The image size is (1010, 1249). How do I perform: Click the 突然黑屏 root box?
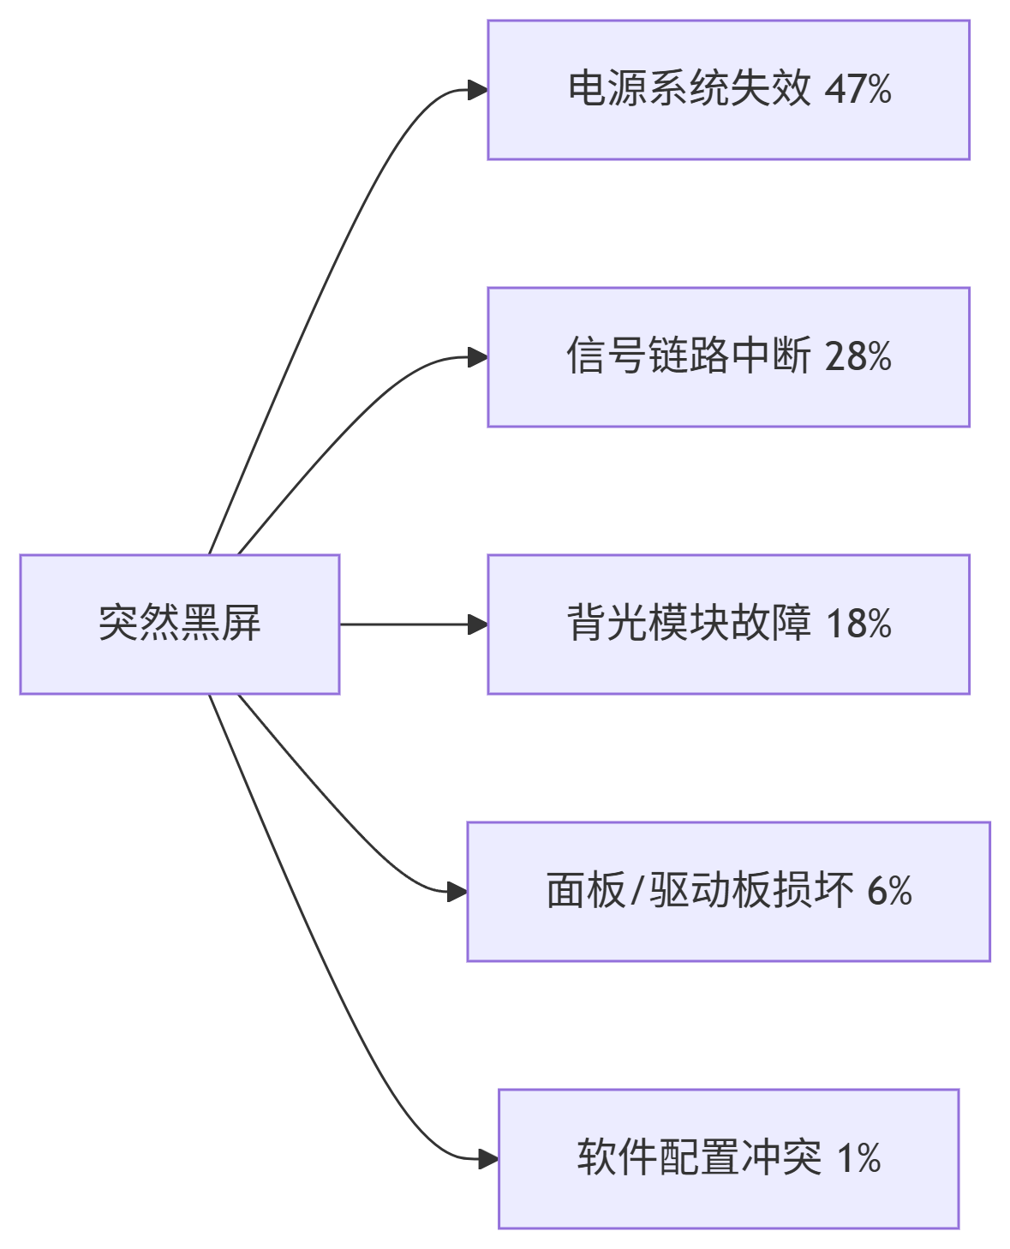pos(180,624)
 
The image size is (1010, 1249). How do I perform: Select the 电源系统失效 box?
pos(728,90)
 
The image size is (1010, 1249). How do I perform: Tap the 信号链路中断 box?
pos(728,356)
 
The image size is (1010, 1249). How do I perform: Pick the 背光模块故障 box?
pos(728,624)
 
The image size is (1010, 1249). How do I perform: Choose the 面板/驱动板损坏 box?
pos(728,891)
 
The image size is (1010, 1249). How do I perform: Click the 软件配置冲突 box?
pos(728,1158)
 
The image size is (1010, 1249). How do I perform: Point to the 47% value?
pos(858,90)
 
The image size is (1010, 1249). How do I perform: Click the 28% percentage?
pos(858,356)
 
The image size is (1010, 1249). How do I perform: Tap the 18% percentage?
pos(858,624)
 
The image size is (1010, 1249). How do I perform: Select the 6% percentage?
pos(889,891)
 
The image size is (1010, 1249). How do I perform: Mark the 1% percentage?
pos(858,1158)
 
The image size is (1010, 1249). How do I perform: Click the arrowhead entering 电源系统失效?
pos(478,90)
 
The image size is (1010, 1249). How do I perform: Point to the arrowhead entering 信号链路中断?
pos(478,357)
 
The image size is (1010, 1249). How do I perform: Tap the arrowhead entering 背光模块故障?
pos(478,624)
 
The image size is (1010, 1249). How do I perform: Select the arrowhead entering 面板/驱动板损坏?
pos(457,892)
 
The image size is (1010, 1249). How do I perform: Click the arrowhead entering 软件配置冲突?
pos(489,1159)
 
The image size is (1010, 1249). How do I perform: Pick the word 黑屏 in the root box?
pos(220,624)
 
